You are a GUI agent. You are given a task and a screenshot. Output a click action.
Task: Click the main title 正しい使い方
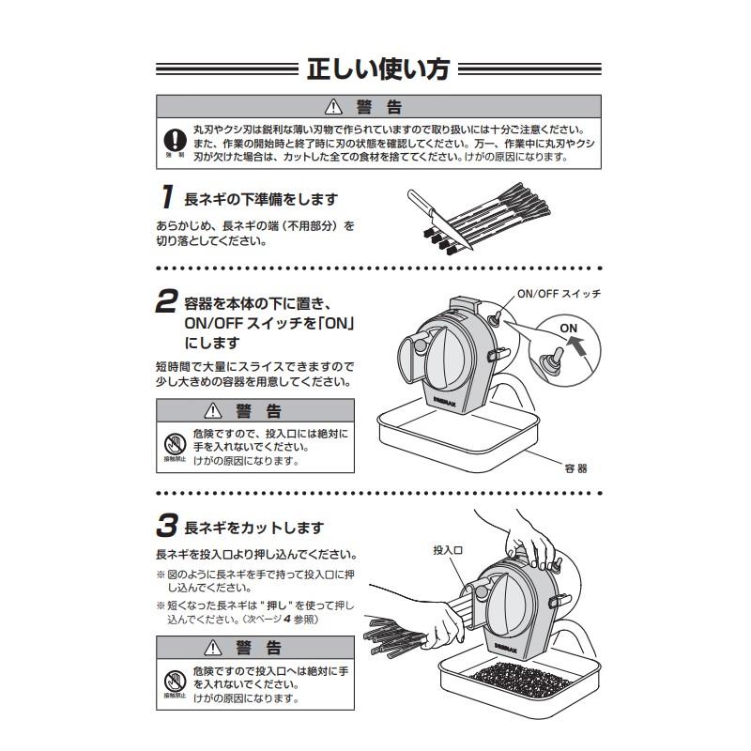pyautogui.click(x=375, y=69)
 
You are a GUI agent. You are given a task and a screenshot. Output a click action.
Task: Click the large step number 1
pyautogui.click(x=165, y=198)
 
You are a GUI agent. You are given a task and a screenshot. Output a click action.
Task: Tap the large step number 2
pyautogui.click(x=165, y=302)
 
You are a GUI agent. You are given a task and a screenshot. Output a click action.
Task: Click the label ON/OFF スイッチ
pyautogui.click(x=558, y=294)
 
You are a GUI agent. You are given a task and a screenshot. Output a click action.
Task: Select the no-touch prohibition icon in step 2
pyautogui.click(x=173, y=441)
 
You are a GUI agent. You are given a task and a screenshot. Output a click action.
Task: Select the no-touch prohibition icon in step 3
pyautogui.click(x=173, y=680)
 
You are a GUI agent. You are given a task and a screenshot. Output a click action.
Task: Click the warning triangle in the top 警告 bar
pyautogui.click(x=330, y=106)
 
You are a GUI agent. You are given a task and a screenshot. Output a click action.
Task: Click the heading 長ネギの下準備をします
pyautogui.click(x=260, y=199)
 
